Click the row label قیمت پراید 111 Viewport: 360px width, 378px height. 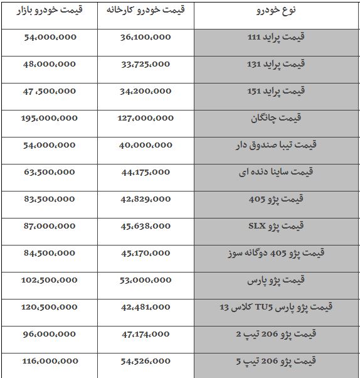pos(276,37)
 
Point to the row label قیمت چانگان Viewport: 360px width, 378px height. pos(276,118)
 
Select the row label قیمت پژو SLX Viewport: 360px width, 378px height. pos(276,226)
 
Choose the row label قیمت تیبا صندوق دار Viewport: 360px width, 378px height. pos(276,145)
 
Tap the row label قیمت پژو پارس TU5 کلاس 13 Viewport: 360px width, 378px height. pos(276,307)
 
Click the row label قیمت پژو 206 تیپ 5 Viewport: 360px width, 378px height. pos(276,361)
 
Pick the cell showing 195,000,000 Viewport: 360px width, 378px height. pos(49,118)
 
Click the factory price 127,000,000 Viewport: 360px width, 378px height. pos(145,118)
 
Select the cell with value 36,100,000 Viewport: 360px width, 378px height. pos(145,37)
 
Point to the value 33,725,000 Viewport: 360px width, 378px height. pos(145,64)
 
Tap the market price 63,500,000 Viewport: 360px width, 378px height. pos(49,172)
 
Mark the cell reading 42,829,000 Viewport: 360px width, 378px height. pos(145,199)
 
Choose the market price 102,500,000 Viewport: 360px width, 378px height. pos(49,280)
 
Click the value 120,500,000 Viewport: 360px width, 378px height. pos(49,307)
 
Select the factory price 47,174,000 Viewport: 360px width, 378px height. pos(145,334)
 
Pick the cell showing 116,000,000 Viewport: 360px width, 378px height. pos(49,361)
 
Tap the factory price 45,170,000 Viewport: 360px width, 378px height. pos(145,253)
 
